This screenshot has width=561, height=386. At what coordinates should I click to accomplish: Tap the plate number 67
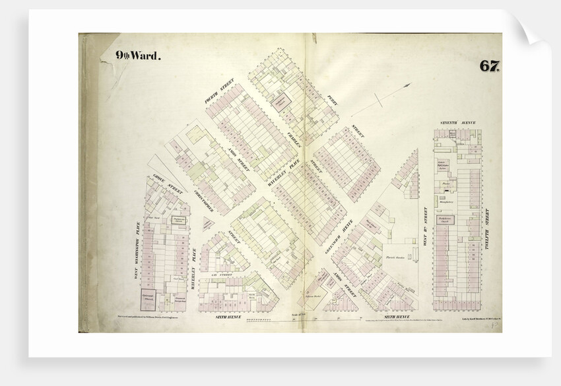pyautogui.click(x=488, y=66)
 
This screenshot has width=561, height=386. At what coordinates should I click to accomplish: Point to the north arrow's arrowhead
pyautogui.click(x=410, y=85)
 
